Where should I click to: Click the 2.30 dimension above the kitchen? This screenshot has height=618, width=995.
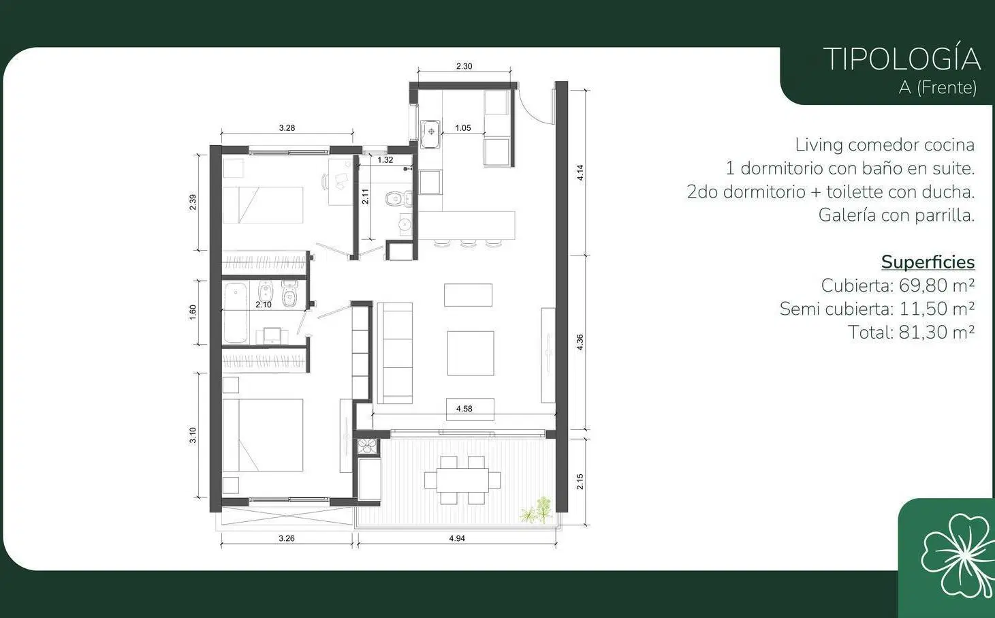click(464, 66)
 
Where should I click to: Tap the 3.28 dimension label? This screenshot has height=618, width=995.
click(287, 128)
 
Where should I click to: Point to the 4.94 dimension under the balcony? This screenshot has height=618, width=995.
click(456, 538)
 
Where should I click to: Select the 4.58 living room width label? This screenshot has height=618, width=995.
click(464, 409)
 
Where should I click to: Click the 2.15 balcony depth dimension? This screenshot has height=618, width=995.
click(580, 482)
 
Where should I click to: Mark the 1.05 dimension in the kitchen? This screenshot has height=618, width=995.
click(463, 128)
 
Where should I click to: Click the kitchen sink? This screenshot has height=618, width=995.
click(430, 134)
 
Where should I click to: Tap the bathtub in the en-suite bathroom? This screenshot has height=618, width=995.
click(236, 313)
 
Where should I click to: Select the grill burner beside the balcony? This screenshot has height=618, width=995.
click(367, 446)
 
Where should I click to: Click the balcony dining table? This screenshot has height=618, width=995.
click(462, 480)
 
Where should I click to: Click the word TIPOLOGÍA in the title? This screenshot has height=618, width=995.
click(902, 59)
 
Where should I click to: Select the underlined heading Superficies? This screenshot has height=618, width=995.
click(928, 262)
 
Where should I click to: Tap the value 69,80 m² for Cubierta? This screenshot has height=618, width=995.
click(937, 285)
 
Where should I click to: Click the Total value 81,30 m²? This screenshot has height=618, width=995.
click(937, 333)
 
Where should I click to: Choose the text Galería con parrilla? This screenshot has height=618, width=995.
click(896, 215)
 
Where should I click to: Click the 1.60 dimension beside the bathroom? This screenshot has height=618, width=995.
click(193, 312)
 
